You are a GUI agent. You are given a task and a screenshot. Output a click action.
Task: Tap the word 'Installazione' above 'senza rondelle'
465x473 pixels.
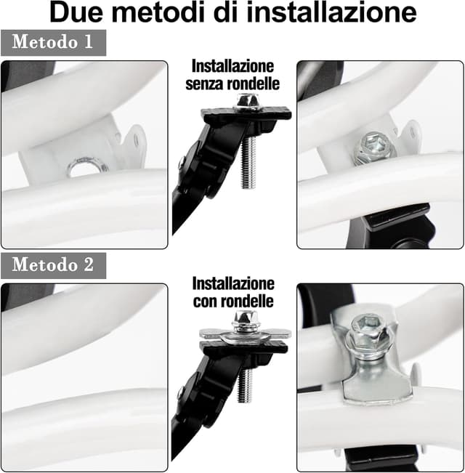point(232,65)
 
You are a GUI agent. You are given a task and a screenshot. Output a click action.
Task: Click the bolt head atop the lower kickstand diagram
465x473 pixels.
point(244,320)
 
